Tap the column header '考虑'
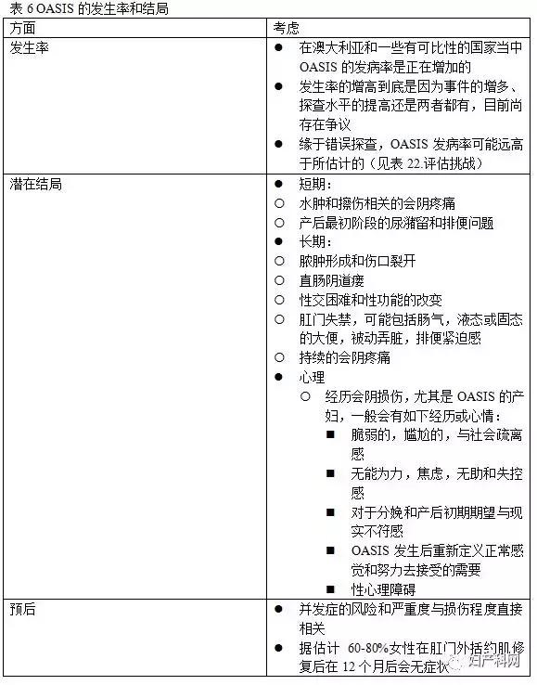[288, 27]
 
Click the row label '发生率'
[30, 46]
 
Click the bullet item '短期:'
[315, 184]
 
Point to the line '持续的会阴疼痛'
[344, 357]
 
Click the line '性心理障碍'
[383, 589]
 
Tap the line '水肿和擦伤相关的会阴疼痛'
[377, 202]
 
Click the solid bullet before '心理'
[279, 377]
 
